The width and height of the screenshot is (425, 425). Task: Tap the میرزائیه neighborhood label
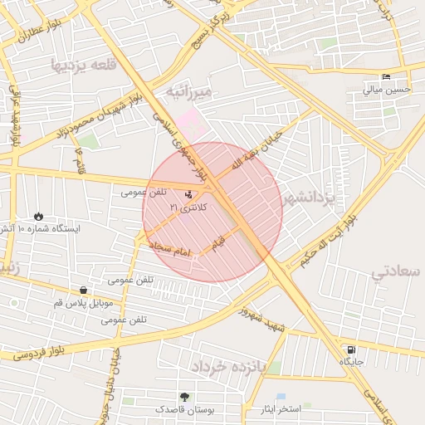click(189, 90)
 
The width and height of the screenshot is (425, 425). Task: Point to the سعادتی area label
click(397, 271)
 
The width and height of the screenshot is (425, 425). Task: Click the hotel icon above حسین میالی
click(386, 77)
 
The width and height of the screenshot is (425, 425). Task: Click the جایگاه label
click(351, 362)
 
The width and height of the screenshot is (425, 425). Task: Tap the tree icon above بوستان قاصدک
click(183, 398)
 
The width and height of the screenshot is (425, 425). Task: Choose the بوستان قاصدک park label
click(184, 410)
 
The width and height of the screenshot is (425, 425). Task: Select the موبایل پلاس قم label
click(83, 303)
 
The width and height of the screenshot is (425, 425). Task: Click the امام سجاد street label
click(171, 249)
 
